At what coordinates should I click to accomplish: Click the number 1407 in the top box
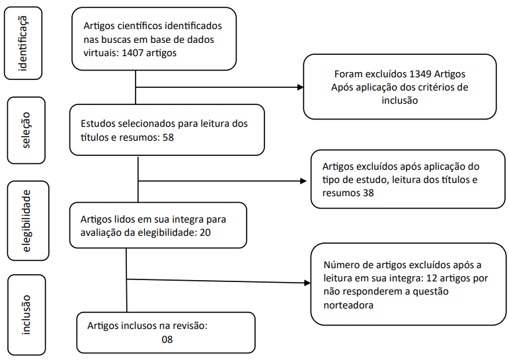(x=132, y=53)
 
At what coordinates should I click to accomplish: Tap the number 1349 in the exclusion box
(x=420, y=74)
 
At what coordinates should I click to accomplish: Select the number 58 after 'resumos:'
(x=168, y=137)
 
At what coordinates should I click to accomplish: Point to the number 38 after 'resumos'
(x=368, y=193)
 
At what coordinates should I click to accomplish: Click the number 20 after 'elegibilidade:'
(x=205, y=233)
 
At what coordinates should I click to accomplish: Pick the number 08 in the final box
(x=167, y=340)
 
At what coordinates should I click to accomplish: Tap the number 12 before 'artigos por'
(x=432, y=278)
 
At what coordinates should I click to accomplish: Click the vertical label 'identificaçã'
(x=23, y=43)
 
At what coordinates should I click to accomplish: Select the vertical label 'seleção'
(x=26, y=130)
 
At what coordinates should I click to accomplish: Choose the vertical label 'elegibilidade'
(x=26, y=221)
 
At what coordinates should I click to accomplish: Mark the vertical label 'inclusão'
(x=26, y=315)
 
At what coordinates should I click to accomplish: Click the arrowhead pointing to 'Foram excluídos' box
(x=301, y=87)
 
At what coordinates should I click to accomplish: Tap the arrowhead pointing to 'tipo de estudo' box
(x=303, y=181)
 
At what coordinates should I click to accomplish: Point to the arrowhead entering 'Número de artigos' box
(x=307, y=283)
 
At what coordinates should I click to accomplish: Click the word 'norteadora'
(x=348, y=305)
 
